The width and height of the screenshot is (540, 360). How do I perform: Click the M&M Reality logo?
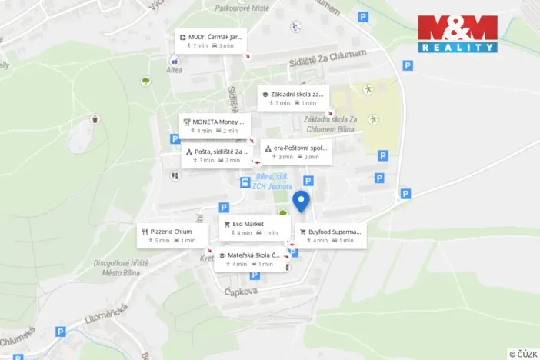pos(458,34)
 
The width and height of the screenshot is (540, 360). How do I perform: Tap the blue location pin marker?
pos(301,201)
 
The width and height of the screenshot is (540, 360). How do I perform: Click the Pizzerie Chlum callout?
pos(174,235)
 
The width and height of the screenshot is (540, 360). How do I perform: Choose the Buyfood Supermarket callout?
pos(329,235)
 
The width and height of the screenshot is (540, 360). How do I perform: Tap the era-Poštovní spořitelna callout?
pos(296,152)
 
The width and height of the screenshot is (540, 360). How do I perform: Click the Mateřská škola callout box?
pos(250,259)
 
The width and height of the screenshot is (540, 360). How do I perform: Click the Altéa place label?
pos(174,70)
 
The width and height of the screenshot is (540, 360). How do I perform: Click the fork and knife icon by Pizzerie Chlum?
pos(145,231)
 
